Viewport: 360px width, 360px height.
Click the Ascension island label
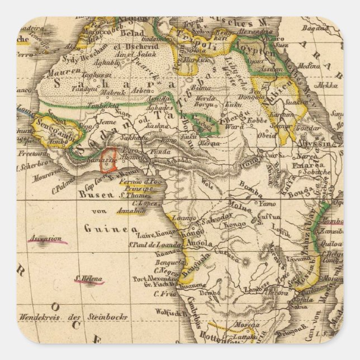point(47,239)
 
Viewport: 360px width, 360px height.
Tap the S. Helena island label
point(84,278)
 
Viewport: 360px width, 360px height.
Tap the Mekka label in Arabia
point(325,87)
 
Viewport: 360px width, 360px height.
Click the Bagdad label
point(313,27)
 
